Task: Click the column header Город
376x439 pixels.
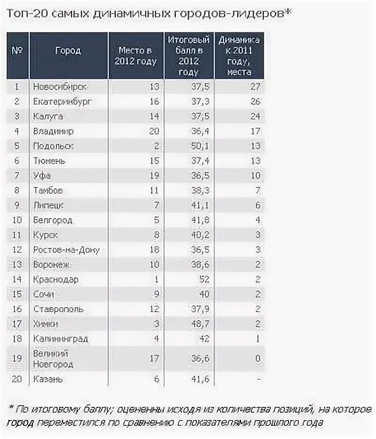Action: (x=68, y=51)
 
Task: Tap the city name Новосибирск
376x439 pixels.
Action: (x=61, y=86)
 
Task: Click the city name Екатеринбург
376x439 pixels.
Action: (x=63, y=102)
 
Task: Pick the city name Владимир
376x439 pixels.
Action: (x=53, y=131)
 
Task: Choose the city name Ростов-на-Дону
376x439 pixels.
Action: (x=66, y=250)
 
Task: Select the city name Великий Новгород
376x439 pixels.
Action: (x=53, y=358)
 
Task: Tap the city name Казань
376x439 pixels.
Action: (x=48, y=379)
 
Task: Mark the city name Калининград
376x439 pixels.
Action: (x=61, y=338)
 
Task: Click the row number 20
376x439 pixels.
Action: (x=17, y=379)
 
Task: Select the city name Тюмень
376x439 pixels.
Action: (x=49, y=161)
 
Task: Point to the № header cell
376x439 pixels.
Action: (x=17, y=51)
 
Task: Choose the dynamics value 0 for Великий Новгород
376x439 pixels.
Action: (x=257, y=358)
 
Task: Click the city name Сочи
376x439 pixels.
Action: (x=43, y=295)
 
